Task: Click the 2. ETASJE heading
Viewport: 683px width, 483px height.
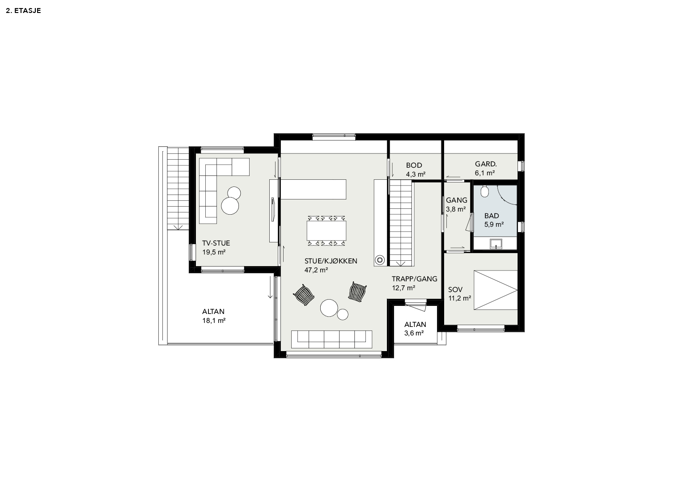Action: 23,11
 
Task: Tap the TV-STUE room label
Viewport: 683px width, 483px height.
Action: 216,243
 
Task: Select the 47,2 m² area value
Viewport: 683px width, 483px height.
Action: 316,270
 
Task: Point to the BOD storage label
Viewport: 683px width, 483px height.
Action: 414,165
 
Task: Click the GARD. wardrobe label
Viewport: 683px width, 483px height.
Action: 486,164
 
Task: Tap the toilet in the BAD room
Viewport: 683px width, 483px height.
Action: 484,191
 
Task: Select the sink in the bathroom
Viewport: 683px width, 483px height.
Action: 496,244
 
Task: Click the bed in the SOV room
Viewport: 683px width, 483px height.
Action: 496,290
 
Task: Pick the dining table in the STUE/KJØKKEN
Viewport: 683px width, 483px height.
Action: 326,230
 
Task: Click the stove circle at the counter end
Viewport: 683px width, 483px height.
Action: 380,260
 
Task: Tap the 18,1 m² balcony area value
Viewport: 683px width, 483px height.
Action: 214,321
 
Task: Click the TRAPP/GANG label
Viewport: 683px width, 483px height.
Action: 414,279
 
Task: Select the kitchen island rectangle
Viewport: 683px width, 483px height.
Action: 314,189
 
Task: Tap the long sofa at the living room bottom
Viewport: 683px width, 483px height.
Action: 331,339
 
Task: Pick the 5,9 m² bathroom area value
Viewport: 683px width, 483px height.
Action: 494,225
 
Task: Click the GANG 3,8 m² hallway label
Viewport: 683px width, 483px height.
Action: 456,205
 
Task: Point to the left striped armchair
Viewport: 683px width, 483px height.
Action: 304,295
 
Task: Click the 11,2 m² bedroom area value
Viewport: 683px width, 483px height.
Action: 459,298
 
